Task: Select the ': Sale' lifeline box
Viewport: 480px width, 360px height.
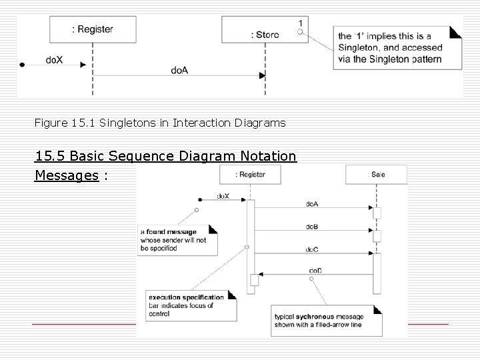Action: click(x=377, y=175)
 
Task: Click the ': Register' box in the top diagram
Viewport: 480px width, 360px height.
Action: click(x=93, y=30)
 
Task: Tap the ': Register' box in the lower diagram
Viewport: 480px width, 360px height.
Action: click(x=250, y=175)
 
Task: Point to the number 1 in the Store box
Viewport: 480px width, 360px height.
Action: click(x=301, y=23)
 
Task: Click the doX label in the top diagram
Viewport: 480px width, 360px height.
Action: click(x=54, y=59)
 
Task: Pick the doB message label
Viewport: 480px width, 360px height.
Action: click(x=311, y=227)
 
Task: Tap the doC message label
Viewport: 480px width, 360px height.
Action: click(x=311, y=248)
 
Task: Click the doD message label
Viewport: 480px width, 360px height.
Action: click(x=315, y=269)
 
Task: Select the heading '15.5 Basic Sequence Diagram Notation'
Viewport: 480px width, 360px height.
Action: click(x=165, y=156)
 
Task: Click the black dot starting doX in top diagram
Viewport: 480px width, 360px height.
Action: click(x=22, y=65)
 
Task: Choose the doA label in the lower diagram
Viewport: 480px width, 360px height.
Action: click(x=311, y=203)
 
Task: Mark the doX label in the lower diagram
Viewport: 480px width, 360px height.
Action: click(x=223, y=196)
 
